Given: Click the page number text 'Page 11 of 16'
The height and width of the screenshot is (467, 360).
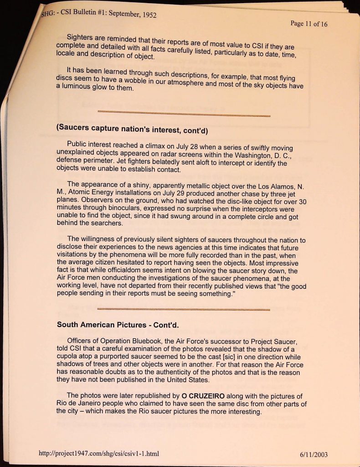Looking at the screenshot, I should (x=309, y=24).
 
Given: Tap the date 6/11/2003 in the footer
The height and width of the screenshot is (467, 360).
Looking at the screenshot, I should (x=314, y=454).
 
